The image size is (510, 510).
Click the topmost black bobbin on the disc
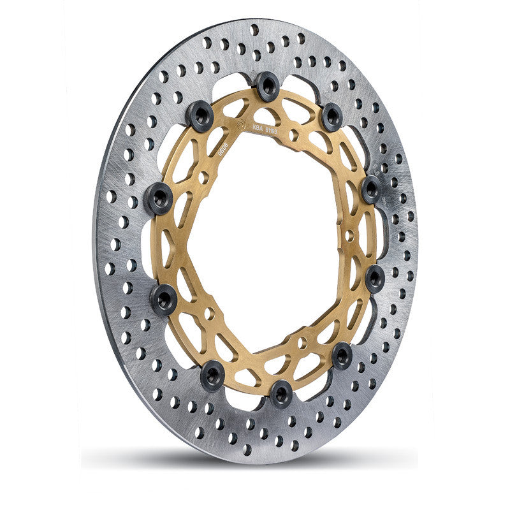tap(267, 85)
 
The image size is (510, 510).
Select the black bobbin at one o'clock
tap(332, 117)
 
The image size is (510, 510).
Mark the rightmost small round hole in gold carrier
tap(349, 235)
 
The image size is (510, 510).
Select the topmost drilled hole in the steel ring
tap(254, 29)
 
